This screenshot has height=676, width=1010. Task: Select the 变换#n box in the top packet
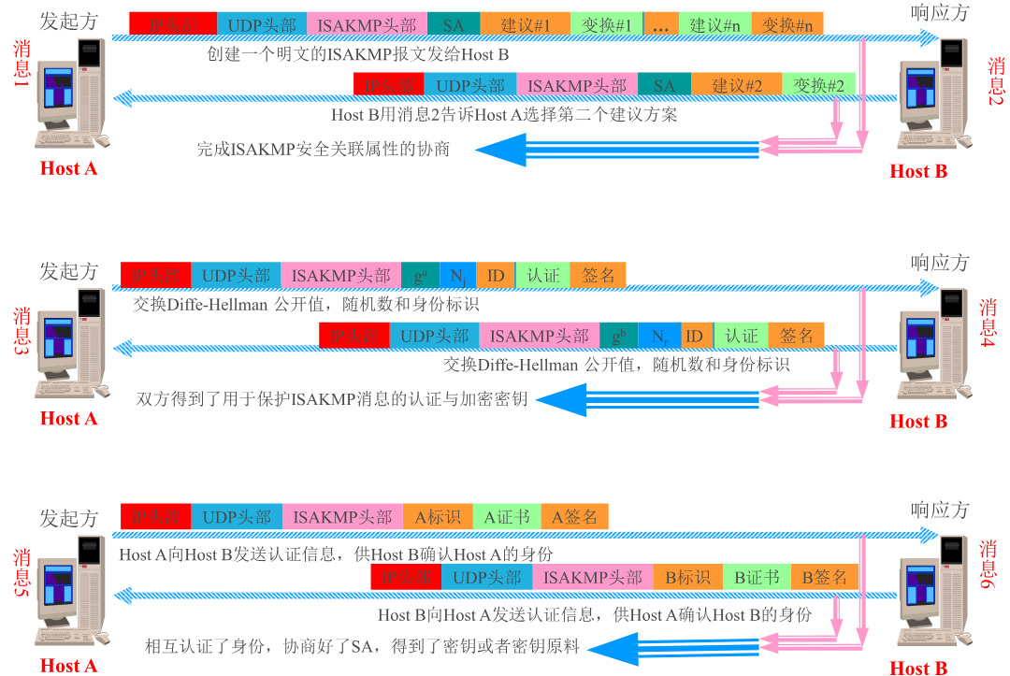coord(786,25)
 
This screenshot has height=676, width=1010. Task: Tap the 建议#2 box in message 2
coord(737,85)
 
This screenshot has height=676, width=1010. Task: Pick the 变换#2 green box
coord(818,85)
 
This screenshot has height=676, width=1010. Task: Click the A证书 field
coord(507,516)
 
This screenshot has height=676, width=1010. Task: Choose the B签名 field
coord(824,577)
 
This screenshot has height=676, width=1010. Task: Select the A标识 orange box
coord(438,516)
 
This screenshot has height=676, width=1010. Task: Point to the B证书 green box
coord(757,577)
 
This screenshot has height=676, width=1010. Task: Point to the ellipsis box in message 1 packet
coord(661,25)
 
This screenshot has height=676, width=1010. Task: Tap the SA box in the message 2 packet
coord(664,85)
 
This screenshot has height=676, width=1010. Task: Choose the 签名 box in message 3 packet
coord(599,275)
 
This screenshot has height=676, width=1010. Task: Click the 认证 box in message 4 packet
coord(741,335)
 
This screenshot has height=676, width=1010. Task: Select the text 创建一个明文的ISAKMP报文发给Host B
coord(357,54)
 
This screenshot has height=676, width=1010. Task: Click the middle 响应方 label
coord(940,263)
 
